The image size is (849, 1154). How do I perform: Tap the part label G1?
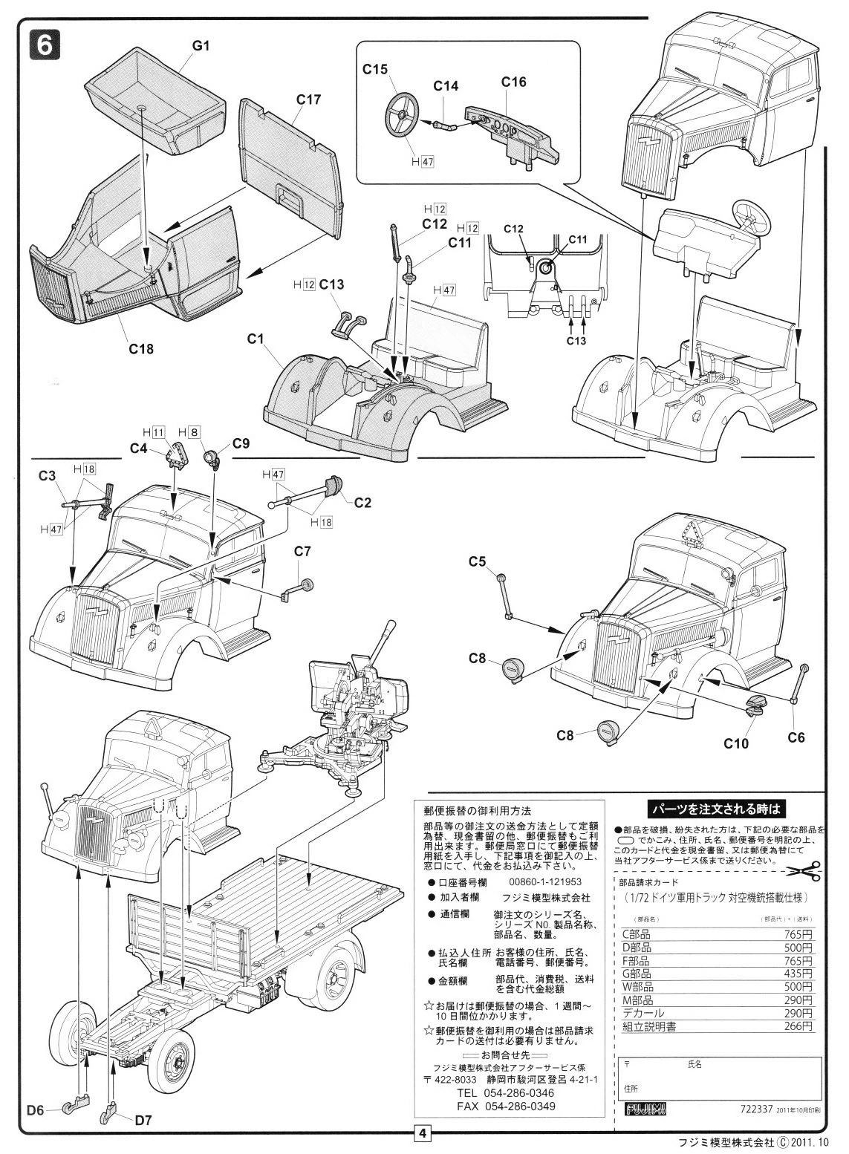201,45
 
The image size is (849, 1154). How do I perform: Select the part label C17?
308,99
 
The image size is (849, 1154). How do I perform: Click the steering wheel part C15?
402,116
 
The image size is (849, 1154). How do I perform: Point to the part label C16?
513,82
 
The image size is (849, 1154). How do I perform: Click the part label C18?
140,348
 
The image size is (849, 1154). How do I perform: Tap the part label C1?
256,339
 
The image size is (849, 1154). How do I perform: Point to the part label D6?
36,1111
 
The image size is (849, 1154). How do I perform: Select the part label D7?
143,1121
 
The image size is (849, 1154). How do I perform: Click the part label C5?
477,561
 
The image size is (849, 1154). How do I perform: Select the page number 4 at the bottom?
422,1133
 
